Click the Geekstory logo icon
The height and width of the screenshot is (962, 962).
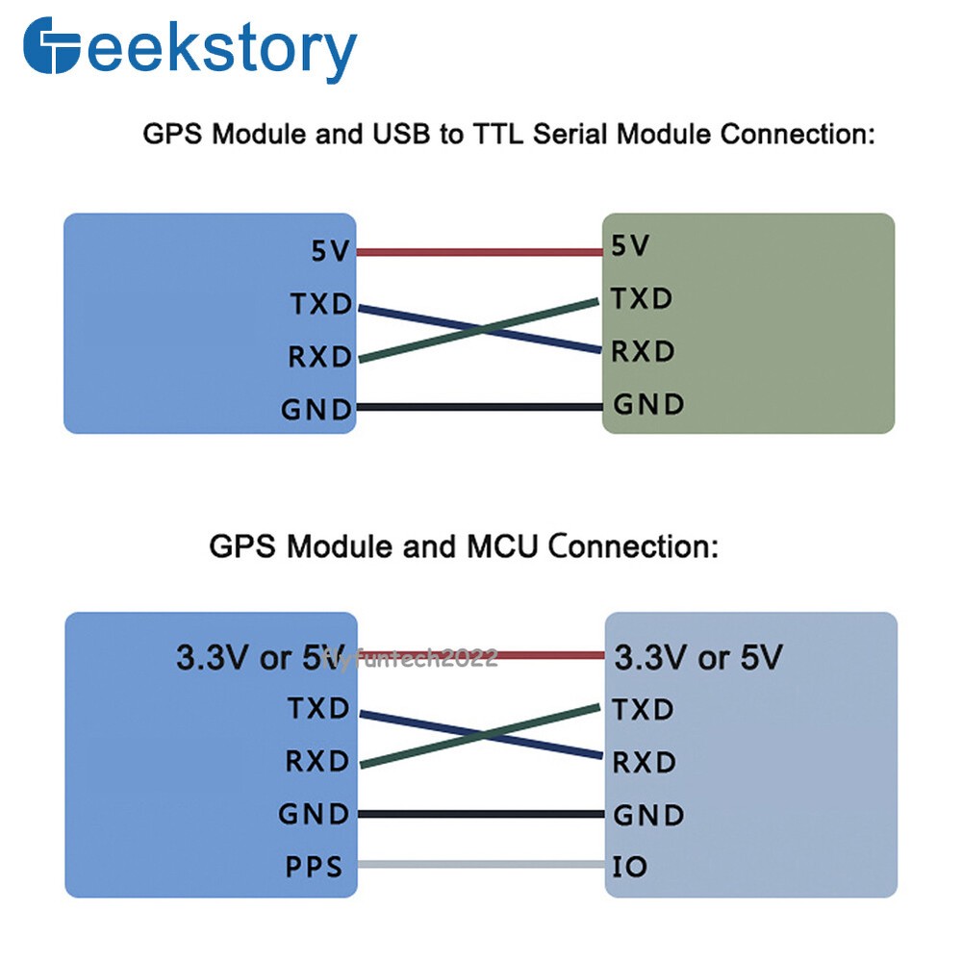tap(52, 45)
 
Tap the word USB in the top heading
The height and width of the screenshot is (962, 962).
tap(401, 134)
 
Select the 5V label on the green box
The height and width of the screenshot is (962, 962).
tap(629, 245)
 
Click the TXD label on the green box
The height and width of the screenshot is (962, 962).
tap(642, 299)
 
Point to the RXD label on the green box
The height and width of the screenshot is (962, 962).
tap(643, 351)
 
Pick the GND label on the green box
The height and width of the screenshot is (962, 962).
tap(648, 404)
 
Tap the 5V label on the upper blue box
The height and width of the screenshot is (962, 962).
tap(330, 251)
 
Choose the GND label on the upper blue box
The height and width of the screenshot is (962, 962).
tap(316, 410)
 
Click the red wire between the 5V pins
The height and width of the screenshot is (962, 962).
tap(480, 251)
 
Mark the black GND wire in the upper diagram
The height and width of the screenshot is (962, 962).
tap(480, 407)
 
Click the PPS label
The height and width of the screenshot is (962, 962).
tap(314, 867)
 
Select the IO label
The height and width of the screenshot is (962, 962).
tap(629, 867)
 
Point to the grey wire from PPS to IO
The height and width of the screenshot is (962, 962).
tap(482, 864)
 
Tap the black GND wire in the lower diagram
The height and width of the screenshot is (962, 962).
tap(482, 814)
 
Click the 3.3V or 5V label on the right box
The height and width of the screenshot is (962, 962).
tap(698, 657)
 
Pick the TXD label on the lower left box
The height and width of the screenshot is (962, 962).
tap(318, 709)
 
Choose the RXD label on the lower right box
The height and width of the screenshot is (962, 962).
tap(645, 763)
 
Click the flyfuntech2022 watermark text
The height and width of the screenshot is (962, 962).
tap(410, 658)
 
